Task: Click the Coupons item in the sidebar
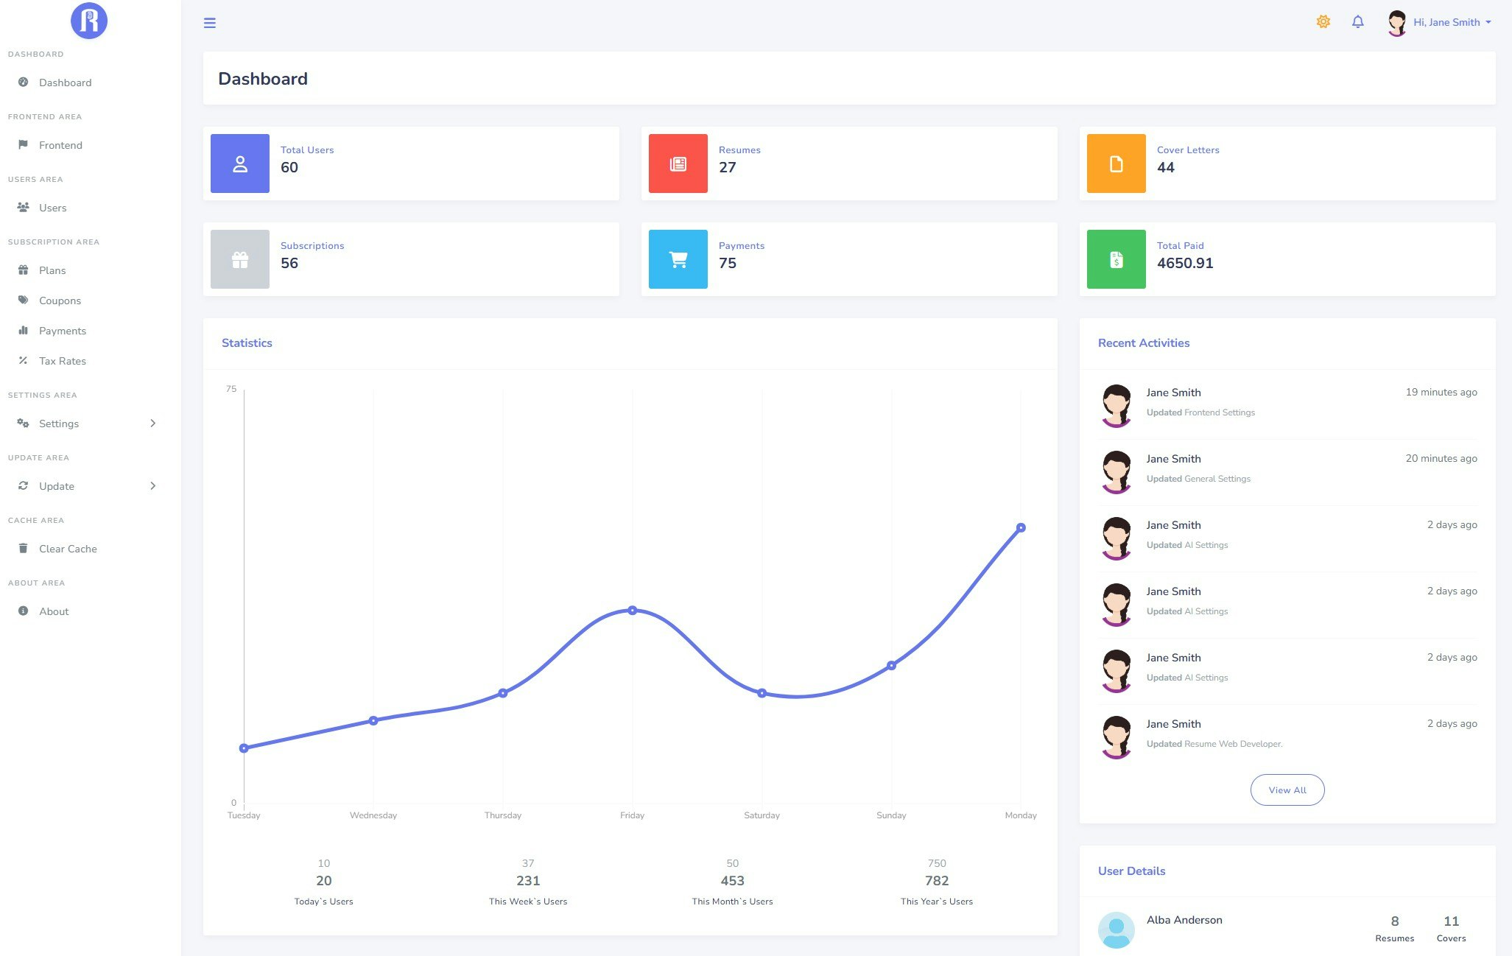pyautogui.click(x=60, y=300)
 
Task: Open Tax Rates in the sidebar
pyautogui.click(x=62, y=361)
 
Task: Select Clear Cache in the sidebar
pyautogui.click(x=68, y=549)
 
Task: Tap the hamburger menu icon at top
pyautogui.click(x=210, y=23)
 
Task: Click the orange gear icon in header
pyautogui.click(x=1323, y=22)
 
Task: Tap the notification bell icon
pyautogui.click(x=1357, y=22)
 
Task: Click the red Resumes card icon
pyautogui.click(x=678, y=164)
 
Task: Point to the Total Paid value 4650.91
pyautogui.click(x=1184, y=263)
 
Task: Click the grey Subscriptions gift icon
pyautogui.click(x=240, y=259)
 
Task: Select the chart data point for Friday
pyautogui.click(x=632, y=610)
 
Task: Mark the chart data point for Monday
pyautogui.click(x=1020, y=527)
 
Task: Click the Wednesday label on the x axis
pyautogui.click(x=373, y=815)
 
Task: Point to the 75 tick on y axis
pyautogui.click(x=231, y=389)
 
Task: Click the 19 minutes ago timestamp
pyautogui.click(x=1441, y=393)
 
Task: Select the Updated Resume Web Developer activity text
pyautogui.click(x=1214, y=744)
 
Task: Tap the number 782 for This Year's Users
pyautogui.click(x=936, y=881)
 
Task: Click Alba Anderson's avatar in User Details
pyautogui.click(x=1116, y=929)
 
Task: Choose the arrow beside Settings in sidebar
pyautogui.click(x=152, y=423)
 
